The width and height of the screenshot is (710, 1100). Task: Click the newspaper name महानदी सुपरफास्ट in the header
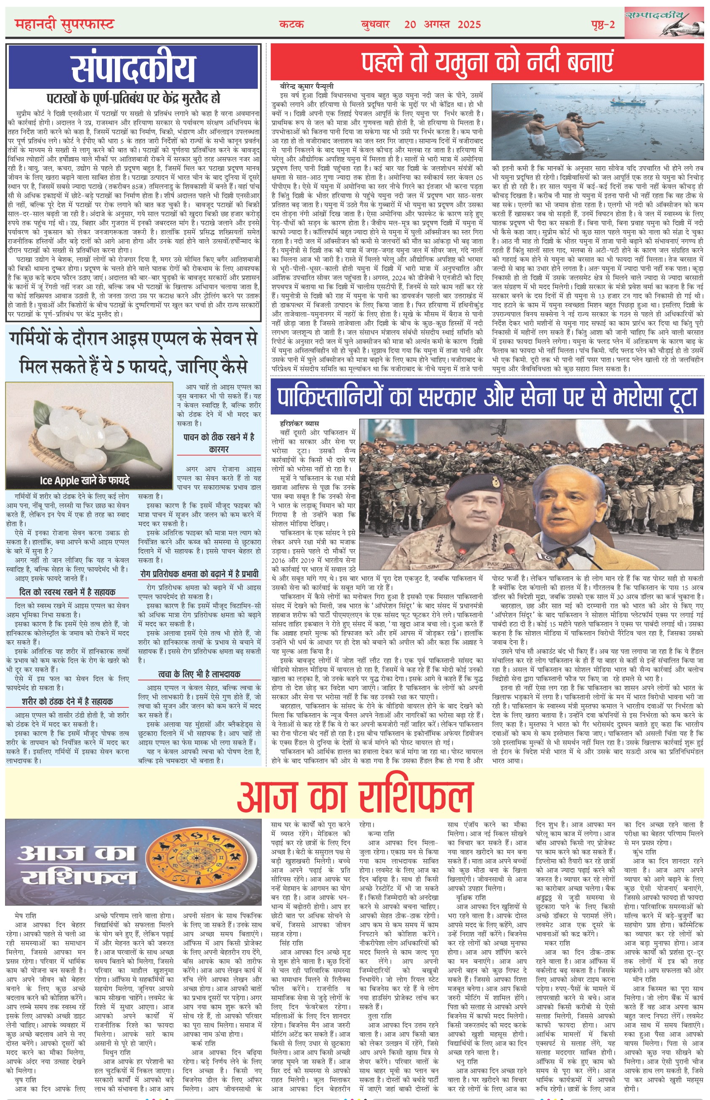pos(64,24)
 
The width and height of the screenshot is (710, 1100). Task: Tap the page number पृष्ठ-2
pos(603,24)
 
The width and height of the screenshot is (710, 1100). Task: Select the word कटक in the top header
pos(291,24)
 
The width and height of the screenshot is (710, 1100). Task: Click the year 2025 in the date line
pos(469,24)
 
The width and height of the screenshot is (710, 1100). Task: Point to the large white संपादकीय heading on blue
pos(133,67)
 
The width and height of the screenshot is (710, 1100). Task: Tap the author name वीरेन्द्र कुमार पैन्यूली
pos(307,86)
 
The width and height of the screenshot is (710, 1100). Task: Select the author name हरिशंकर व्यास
pos(299,423)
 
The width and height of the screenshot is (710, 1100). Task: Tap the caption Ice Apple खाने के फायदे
pos(85,480)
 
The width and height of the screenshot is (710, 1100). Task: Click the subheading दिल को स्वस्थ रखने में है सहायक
pos(67,592)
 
